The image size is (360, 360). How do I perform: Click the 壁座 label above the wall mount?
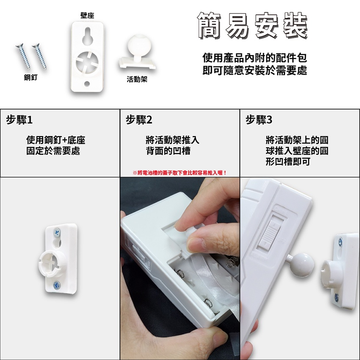click(x=87, y=16)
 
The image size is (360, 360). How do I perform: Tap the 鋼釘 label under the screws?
click(x=30, y=78)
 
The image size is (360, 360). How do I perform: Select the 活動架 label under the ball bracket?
click(x=137, y=80)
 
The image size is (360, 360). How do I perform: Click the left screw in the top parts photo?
click(x=23, y=56)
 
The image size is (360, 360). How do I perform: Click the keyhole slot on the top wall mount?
click(x=88, y=36)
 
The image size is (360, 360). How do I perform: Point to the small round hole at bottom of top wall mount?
click(x=87, y=83)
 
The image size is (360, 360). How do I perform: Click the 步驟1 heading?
click(x=19, y=120)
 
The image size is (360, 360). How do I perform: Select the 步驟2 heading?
click(x=139, y=120)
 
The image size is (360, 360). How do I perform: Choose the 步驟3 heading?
click(x=259, y=120)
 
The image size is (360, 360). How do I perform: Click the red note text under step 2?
click(x=180, y=173)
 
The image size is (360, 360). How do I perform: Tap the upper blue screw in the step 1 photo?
click(x=56, y=233)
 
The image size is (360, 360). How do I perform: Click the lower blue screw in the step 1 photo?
click(x=56, y=285)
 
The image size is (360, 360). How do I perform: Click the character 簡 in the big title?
click(x=210, y=25)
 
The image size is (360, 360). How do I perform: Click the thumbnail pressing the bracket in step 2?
click(x=195, y=244)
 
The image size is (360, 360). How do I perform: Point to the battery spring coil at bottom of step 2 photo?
click(x=208, y=303)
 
